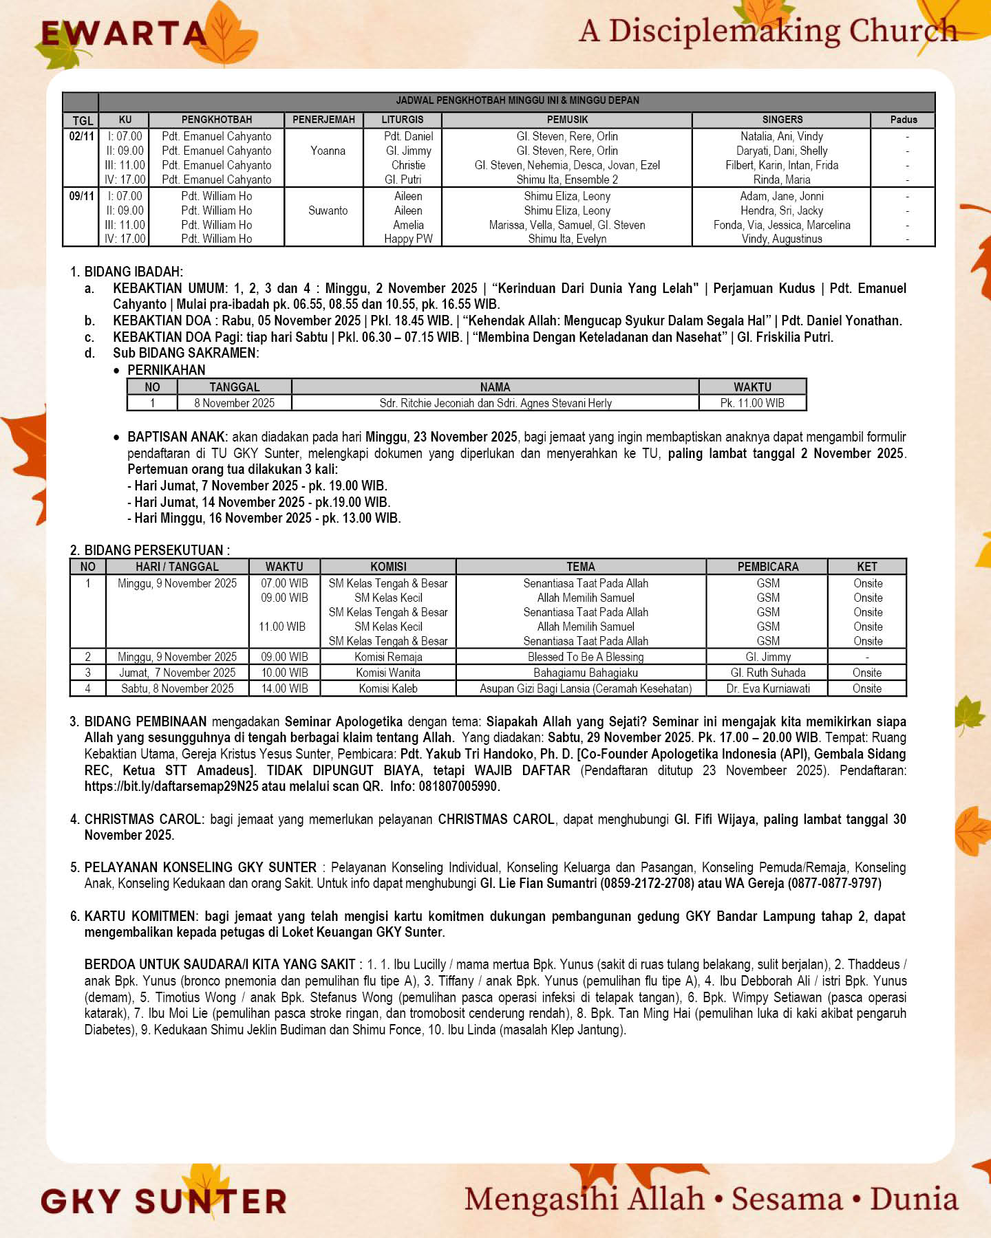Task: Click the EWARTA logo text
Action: coord(124,34)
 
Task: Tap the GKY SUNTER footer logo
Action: coord(164,1201)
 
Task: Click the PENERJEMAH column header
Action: coord(323,120)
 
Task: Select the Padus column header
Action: coord(903,120)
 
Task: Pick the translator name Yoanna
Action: coord(328,151)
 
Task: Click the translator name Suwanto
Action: coord(328,210)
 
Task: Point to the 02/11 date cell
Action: coord(81,136)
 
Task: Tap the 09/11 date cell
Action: coord(81,196)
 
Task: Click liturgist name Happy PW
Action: coord(408,239)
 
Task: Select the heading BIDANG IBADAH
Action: coord(134,272)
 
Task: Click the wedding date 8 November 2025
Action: coord(234,403)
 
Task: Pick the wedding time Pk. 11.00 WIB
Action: coord(752,403)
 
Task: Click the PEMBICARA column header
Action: coord(768,567)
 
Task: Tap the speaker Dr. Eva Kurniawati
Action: coord(768,688)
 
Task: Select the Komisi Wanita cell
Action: coord(388,673)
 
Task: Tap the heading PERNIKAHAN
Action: coord(166,370)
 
